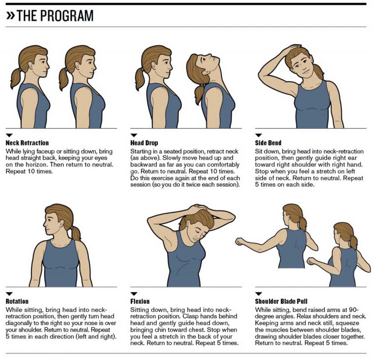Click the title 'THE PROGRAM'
point(55,16)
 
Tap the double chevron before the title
point(10,16)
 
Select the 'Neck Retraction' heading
point(27,143)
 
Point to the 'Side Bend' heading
point(268,143)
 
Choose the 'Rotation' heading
point(17,301)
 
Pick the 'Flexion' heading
point(141,301)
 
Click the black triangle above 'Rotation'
point(9,294)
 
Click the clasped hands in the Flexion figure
point(200,210)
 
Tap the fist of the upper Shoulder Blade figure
point(239,241)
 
